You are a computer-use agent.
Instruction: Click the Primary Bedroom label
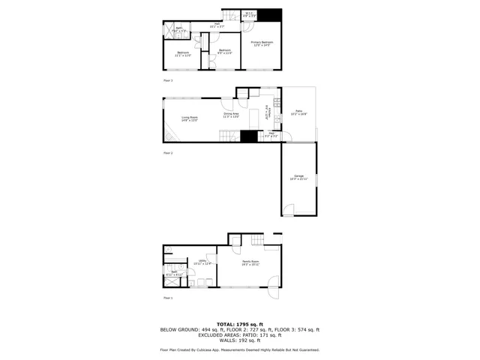click(x=262, y=43)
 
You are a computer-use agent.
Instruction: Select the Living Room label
click(x=189, y=118)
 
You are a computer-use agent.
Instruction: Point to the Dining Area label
click(x=231, y=115)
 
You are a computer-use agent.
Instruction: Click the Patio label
click(x=298, y=112)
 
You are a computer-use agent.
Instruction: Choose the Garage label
click(x=298, y=177)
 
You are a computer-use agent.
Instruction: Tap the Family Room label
click(x=250, y=263)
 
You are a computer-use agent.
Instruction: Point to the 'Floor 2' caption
click(x=168, y=152)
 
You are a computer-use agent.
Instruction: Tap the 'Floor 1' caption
click(x=168, y=298)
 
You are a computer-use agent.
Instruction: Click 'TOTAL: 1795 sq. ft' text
click(x=239, y=324)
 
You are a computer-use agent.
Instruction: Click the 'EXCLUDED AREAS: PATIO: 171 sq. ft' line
click(x=239, y=335)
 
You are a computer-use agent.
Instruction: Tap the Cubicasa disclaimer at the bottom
click(x=239, y=349)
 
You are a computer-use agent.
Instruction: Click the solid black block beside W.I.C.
click(x=271, y=15)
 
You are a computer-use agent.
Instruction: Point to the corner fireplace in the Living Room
click(x=170, y=136)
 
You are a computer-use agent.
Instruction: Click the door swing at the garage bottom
click(x=287, y=213)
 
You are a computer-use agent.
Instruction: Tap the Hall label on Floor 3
click(x=217, y=25)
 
